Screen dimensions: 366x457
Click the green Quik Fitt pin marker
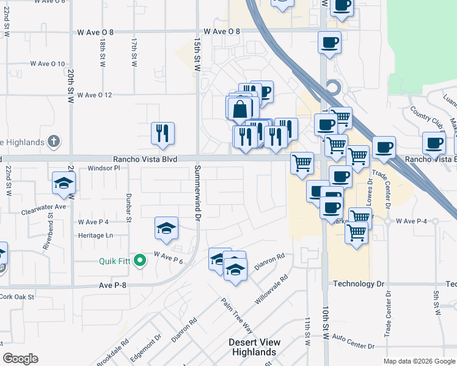coord(139,261)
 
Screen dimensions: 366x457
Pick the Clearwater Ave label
coord(42,207)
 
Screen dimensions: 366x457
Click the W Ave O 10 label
coord(48,63)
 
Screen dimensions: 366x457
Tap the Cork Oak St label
coord(18,296)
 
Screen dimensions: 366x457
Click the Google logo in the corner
coord(20,359)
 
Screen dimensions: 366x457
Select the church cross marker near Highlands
coord(53,142)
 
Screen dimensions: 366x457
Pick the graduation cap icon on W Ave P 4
coord(166,228)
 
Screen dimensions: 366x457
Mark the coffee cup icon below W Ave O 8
coord(329,43)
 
